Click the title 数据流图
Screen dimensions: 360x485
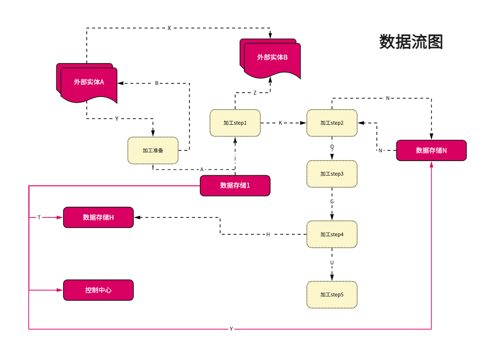[411, 42]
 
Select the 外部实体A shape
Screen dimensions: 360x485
[89, 82]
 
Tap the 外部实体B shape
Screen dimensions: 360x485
[272, 58]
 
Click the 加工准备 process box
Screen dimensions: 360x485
[153, 150]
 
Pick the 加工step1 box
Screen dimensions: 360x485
[235, 123]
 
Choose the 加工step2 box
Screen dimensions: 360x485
[332, 123]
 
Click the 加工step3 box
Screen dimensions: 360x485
[332, 174]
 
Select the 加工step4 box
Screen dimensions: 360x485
[332, 234]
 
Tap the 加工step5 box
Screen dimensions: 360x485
[332, 295]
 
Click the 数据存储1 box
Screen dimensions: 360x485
[235, 185]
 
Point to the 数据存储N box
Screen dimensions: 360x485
[431, 150]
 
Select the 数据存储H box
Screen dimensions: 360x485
[98, 217]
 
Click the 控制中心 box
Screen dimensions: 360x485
[98, 290]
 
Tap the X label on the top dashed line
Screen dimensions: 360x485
[169, 28]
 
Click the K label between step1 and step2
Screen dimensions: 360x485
[280, 123]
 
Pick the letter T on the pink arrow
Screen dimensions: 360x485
[39, 218]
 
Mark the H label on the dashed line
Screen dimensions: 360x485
[268, 234]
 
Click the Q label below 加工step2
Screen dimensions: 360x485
[332, 147]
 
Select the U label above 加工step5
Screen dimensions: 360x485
[332, 262]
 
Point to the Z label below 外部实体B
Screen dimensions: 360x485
[255, 93]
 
